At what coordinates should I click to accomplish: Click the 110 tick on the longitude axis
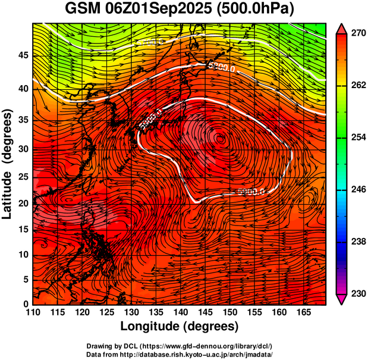[x=33, y=312]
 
